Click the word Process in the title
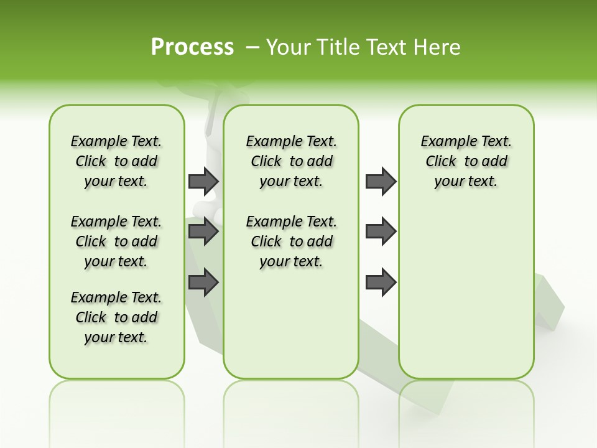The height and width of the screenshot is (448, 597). click(x=192, y=47)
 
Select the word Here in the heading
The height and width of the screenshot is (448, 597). click(x=438, y=47)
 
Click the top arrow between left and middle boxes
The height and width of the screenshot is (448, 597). click(x=203, y=181)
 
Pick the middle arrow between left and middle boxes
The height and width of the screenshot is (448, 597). click(x=203, y=231)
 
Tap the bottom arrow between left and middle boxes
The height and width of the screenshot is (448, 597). click(x=203, y=282)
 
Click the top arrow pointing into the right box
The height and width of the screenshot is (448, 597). click(x=381, y=181)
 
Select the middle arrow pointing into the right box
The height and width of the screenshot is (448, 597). click(x=381, y=231)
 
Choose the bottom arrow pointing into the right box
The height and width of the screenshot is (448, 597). click(x=381, y=282)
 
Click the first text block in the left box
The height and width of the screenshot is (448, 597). click(x=116, y=161)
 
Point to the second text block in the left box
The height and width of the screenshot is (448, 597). click(x=116, y=241)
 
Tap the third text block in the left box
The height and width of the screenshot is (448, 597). click(x=116, y=317)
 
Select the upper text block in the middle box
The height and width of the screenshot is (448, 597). click(x=291, y=161)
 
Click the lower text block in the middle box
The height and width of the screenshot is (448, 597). click(x=291, y=241)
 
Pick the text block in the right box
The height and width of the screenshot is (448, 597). click(x=466, y=161)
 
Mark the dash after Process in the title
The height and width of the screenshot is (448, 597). click(x=253, y=47)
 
